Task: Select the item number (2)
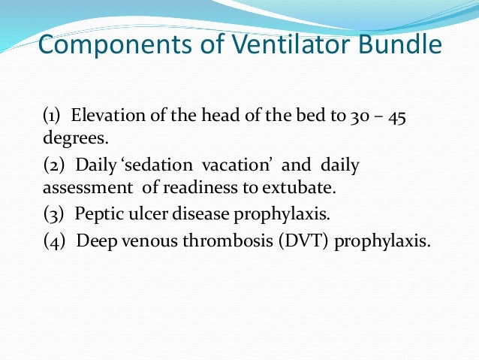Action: [54, 165]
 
